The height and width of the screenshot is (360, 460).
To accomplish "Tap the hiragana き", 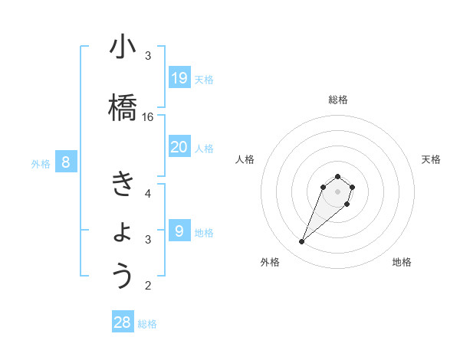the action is [x=123, y=185].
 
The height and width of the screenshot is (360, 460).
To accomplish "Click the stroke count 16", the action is [x=148, y=117].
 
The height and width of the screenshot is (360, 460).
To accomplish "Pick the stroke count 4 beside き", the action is [x=148, y=194].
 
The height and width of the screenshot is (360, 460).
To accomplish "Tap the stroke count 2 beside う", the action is [x=148, y=286].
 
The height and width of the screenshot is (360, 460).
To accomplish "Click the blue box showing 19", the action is [x=179, y=77].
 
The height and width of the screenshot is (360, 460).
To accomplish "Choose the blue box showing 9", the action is [x=179, y=231].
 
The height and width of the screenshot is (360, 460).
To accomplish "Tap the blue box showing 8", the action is [x=66, y=162].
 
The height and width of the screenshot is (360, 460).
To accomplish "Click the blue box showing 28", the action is [x=123, y=322].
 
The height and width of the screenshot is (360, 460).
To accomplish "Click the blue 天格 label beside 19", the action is [x=204, y=79].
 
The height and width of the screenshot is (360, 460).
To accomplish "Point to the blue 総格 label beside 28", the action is [x=147, y=324].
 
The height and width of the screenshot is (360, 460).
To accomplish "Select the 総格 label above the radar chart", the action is [x=338, y=100].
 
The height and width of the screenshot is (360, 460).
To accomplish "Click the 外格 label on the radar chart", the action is [x=270, y=262].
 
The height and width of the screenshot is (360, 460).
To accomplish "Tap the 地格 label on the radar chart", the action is [x=402, y=262].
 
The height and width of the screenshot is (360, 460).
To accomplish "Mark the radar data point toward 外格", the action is [x=302, y=242].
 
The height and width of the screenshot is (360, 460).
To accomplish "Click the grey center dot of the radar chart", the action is [x=338, y=191].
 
